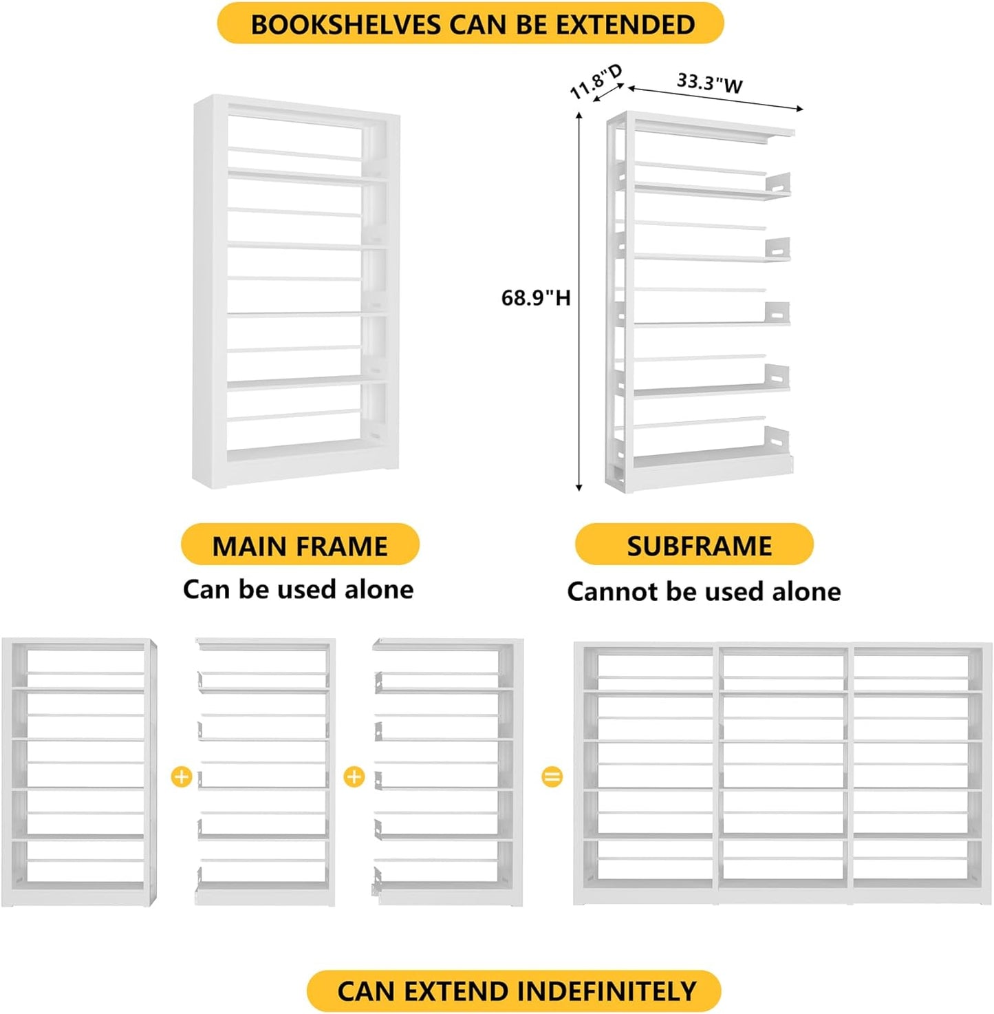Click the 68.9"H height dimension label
535,297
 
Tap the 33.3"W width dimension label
709,83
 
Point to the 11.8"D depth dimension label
596,81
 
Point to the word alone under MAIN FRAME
378,589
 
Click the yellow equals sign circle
552,777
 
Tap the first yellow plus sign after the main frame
181,777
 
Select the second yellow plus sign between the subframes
354,777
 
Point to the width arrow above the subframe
715,98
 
